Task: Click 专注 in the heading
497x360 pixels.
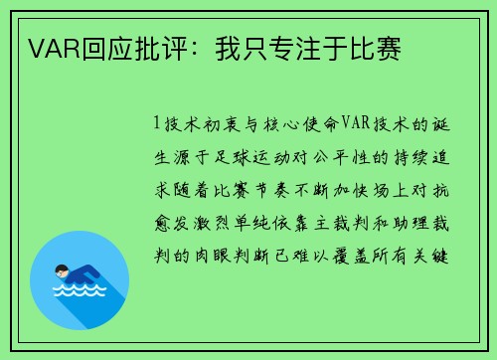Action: coord(299,47)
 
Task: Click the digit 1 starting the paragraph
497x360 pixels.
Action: coord(156,124)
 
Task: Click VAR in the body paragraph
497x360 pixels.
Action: coord(356,124)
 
